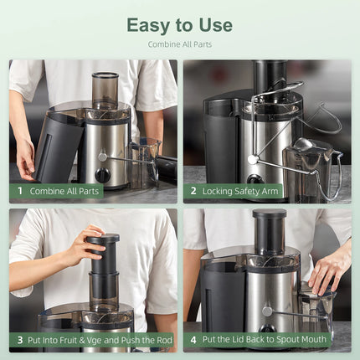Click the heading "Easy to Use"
click(179, 25)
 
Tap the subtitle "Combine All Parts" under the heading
click(179, 44)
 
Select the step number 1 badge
click(18, 191)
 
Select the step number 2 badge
click(193, 191)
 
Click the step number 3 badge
click(18, 340)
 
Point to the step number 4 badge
click(193, 340)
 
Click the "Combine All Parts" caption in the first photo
click(65, 191)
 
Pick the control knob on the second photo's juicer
click(254, 178)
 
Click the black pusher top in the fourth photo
click(269, 216)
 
